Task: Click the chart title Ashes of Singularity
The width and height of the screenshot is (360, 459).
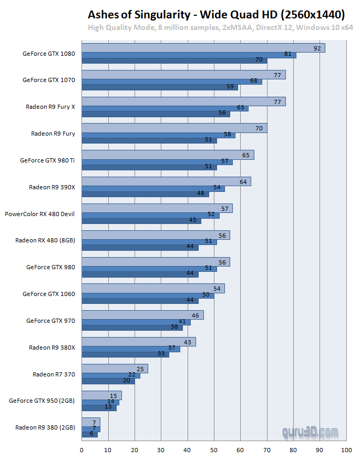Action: (x=216, y=14)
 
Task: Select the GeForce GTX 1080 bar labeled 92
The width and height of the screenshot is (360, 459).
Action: (x=203, y=48)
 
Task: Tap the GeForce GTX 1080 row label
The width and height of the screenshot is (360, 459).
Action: (x=48, y=54)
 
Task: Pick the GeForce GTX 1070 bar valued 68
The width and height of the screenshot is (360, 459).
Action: (x=171, y=81)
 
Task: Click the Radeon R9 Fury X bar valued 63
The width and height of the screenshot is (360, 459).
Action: (x=164, y=108)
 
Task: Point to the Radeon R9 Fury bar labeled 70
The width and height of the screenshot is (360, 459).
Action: (x=174, y=128)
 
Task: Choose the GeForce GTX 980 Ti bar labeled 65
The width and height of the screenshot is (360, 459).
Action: (x=167, y=155)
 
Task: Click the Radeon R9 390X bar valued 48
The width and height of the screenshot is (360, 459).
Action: (x=145, y=193)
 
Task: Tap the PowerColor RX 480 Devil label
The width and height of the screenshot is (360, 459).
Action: (x=39, y=214)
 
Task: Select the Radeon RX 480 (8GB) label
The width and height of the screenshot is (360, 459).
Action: (x=45, y=240)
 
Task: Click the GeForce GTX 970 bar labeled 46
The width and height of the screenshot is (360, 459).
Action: (x=142, y=315)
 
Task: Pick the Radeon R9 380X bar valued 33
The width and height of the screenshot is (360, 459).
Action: (x=125, y=354)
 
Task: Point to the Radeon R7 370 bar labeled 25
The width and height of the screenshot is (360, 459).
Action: (x=115, y=369)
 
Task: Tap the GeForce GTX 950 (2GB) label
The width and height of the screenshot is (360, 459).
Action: (x=42, y=401)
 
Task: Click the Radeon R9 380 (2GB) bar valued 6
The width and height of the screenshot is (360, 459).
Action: (x=89, y=434)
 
